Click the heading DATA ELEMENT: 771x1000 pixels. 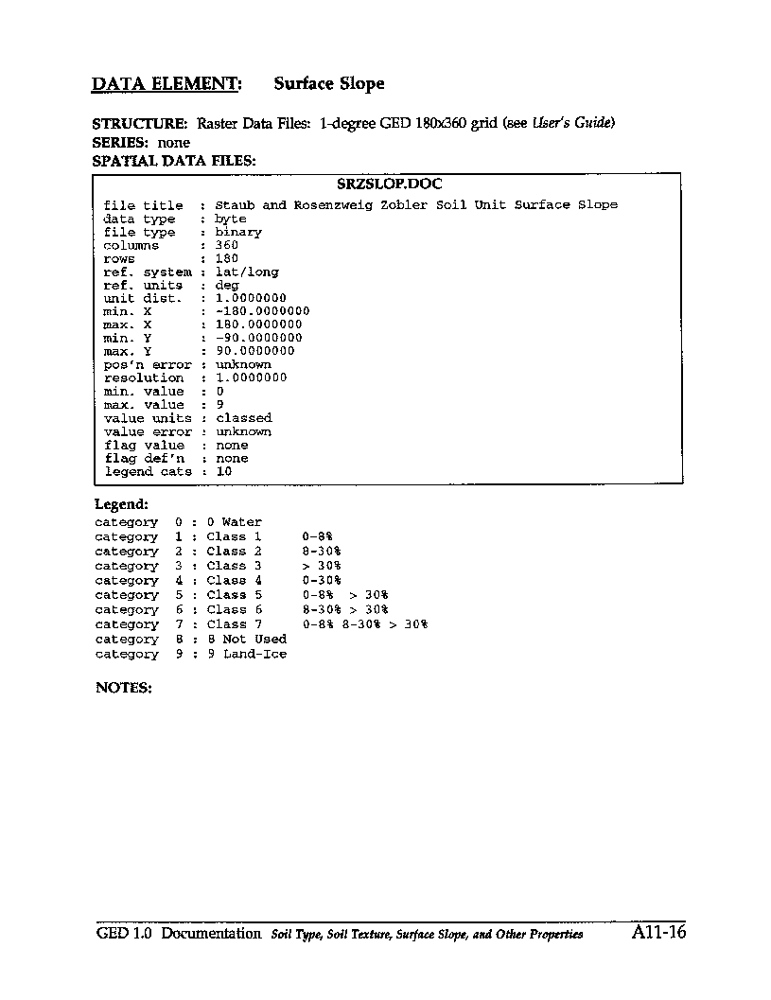166,84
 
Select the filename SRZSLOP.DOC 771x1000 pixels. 390,184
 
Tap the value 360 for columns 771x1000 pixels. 227,245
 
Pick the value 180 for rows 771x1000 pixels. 227,258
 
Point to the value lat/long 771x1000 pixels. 247,272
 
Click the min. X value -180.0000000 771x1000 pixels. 262,311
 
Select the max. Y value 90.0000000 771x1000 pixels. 255,351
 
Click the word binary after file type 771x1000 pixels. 238,232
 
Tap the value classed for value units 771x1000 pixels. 244,417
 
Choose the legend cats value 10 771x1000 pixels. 224,471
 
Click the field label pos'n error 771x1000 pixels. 148,364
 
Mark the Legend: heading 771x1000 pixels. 121,505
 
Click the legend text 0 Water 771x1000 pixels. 235,522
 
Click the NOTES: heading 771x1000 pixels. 124,688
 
